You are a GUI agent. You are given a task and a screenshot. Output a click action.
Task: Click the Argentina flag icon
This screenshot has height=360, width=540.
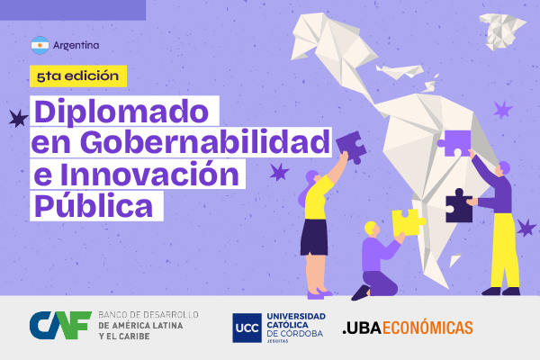click(40, 45)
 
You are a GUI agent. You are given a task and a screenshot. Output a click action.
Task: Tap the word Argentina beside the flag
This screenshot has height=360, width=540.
click(76, 45)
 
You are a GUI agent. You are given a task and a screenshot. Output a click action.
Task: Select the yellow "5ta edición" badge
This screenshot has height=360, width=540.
click(76, 76)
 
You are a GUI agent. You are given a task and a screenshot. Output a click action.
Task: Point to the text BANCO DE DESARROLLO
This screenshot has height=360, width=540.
click(149, 315)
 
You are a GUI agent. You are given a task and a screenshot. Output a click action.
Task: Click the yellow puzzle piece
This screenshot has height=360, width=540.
click(408, 220)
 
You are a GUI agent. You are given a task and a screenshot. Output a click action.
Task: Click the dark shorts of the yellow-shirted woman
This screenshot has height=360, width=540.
click(314, 237)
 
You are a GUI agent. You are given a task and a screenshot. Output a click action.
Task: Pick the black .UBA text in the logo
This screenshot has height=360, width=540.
click(363, 328)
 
